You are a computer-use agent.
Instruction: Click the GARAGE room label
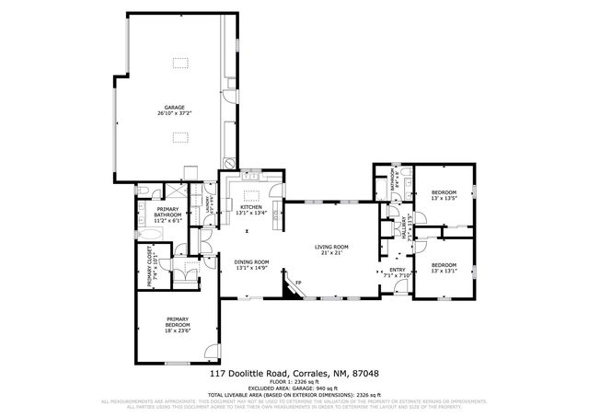pos(174,108)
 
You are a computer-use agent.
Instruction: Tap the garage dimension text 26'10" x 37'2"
pos(174,114)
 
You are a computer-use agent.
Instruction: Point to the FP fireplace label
pos(297,283)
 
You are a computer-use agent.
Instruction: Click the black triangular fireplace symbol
pos(291,291)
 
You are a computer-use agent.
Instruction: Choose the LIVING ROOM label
pos(331,246)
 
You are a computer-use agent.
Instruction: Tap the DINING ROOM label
pos(251,261)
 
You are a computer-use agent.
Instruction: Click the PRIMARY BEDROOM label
pos(178,323)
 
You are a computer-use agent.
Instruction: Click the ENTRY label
pos(397,268)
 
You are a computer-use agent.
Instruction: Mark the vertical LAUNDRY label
pos(209,203)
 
